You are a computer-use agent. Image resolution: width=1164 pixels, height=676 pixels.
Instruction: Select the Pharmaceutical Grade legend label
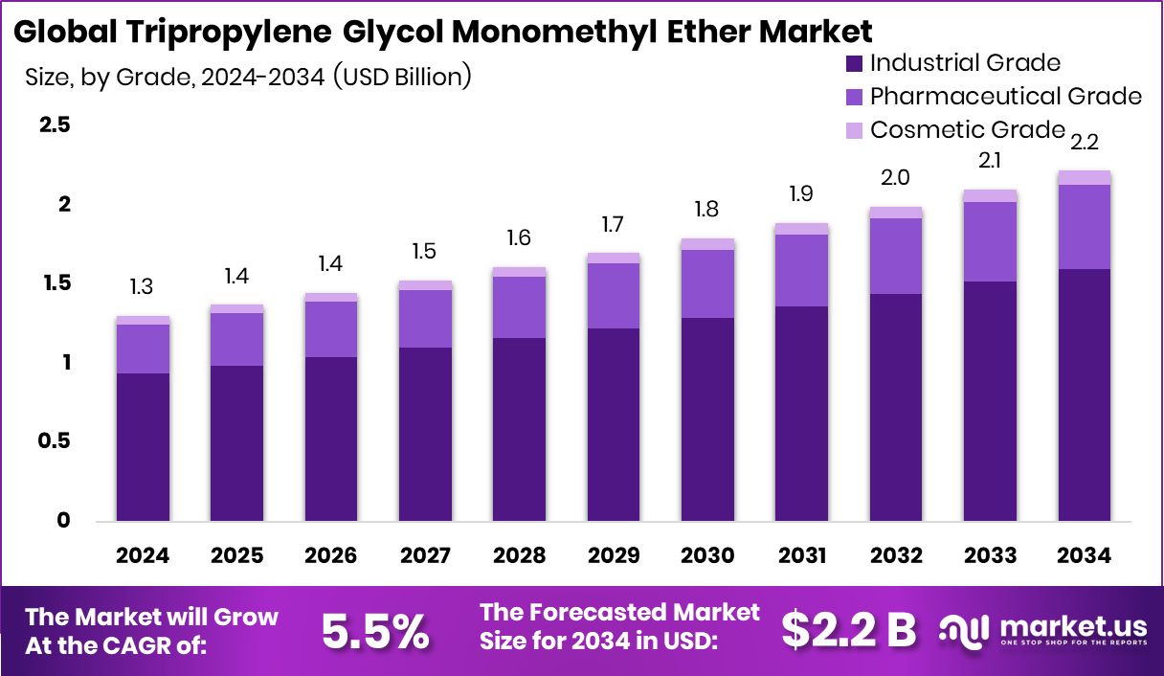tap(1005, 97)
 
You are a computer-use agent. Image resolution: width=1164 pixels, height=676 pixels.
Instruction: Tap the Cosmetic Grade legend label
tap(967, 129)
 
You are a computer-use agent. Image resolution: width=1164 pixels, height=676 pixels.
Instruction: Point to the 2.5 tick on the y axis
tap(54, 126)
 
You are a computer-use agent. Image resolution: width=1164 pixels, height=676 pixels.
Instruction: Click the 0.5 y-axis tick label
tap(54, 441)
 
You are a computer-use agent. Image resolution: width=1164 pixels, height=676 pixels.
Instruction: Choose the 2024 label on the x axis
tap(143, 556)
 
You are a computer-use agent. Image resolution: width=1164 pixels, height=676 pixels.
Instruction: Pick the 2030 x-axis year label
tap(707, 556)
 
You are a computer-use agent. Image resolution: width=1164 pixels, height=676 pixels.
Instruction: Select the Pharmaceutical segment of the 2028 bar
tap(519, 306)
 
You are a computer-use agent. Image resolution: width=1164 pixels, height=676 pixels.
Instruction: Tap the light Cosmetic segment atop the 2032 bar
tap(896, 213)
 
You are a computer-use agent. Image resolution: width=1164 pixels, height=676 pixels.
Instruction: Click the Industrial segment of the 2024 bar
tap(143, 447)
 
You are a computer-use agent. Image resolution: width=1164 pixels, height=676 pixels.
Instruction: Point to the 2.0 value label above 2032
tap(896, 178)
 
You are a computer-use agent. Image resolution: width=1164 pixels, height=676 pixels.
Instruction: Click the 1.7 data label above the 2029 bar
tap(614, 226)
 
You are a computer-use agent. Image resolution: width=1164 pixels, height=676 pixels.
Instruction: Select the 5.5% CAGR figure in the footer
tap(375, 630)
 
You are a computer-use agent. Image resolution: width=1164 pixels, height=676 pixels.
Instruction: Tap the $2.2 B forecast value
tap(848, 629)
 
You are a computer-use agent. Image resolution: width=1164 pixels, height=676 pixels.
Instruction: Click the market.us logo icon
tap(963, 629)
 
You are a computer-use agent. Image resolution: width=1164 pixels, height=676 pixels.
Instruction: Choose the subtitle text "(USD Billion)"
tap(402, 77)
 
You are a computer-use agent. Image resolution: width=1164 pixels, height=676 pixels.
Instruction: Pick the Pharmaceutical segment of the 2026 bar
tap(331, 329)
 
